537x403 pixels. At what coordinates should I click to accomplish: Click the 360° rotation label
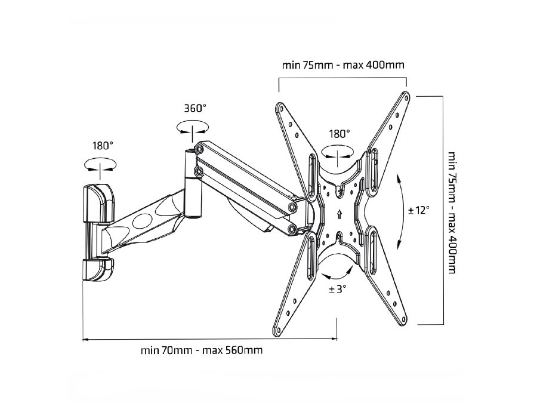coord(195,108)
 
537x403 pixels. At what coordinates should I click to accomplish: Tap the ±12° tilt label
coord(419,210)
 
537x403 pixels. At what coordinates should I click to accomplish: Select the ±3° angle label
coord(337,289)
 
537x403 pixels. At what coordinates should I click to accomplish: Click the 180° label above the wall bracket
coord(103,144)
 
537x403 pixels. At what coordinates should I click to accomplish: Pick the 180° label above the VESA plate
coord(339,134)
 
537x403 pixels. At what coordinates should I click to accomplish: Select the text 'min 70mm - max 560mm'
coord(202,350)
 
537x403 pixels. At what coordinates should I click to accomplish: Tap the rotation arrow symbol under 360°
coord(193,127)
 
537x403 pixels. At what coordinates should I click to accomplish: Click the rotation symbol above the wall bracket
coord(100,164)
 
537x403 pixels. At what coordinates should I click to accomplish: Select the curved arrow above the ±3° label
coord(336,274)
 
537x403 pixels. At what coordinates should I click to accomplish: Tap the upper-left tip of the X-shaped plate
coord(279,107)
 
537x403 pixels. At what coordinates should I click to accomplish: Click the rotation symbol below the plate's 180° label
coord(337,153)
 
